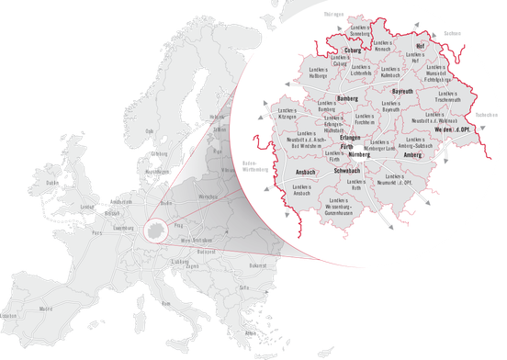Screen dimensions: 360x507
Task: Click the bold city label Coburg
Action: [354, 51]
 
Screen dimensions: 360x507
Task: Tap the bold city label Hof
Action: [421, 44]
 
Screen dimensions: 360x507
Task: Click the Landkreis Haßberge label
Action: [318, 73]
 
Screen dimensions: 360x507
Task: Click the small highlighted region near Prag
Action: [158, 229]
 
